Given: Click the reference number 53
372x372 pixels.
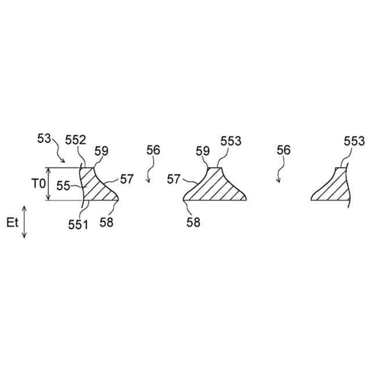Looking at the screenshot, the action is (44, 139).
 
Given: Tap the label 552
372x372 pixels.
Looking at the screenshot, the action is (75, 139).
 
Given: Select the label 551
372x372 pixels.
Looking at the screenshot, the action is (77, 224).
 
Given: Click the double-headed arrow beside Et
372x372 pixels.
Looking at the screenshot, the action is (24, 221).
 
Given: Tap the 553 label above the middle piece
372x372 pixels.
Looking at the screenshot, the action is (231, 140).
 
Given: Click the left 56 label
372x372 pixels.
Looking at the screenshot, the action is (153, 150).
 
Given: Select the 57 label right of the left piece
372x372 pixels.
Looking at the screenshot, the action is (127, 178).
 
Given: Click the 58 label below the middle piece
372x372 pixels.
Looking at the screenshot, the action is (193, 223).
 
